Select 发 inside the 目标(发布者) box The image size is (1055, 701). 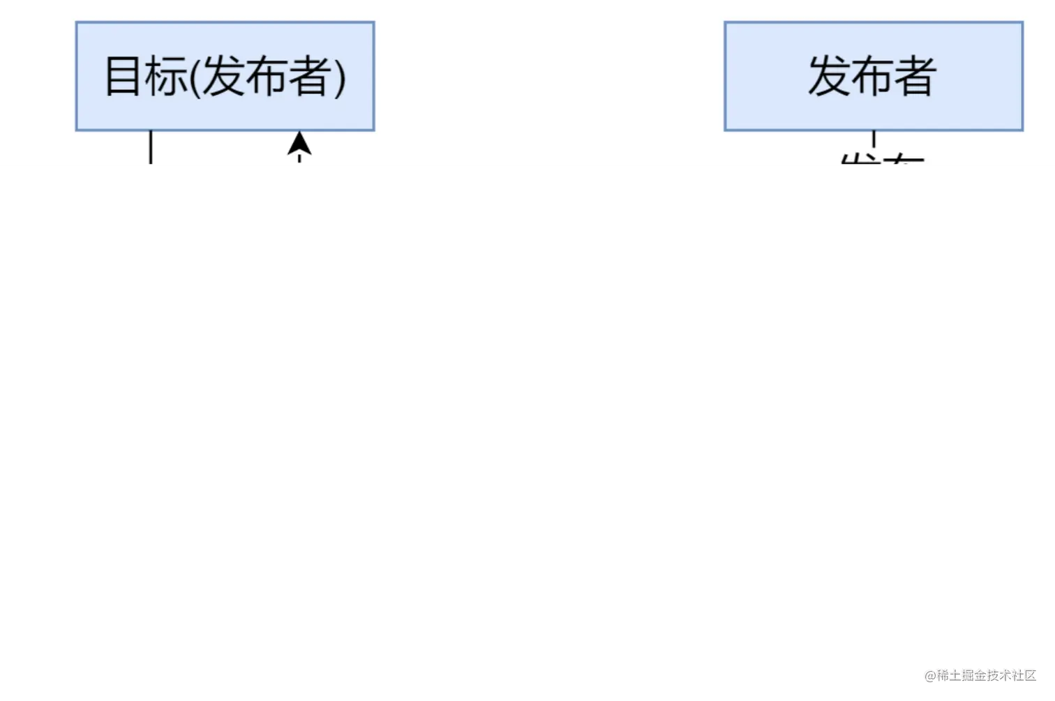(223, 76)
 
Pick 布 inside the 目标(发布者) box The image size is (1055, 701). (266, 76)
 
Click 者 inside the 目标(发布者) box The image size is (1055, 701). (309, 76)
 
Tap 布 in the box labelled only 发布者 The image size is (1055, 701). (872, 76)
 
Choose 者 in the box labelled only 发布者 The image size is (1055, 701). (915, 76)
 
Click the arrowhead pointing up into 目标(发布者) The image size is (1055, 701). (299, 144)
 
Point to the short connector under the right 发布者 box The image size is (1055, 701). (874, 138)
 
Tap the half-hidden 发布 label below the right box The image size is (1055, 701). (882, 162)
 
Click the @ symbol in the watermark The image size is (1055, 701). (929, 674)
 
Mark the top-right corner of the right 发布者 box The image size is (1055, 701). (1022, 23)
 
